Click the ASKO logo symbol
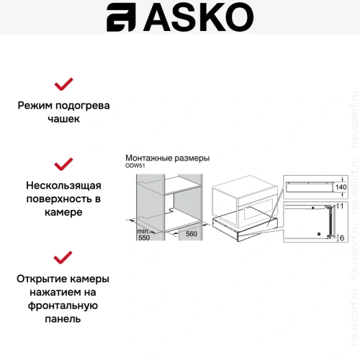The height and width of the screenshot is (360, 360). [122, 18]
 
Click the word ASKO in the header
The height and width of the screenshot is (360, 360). [193, 18]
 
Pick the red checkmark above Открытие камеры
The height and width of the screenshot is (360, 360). [64, 257]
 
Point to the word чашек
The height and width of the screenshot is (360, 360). [64, 120]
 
